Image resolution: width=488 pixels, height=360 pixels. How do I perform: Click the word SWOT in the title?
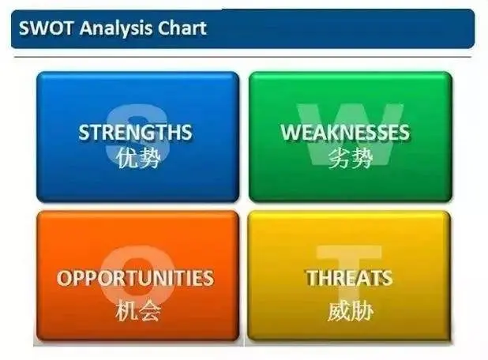(x=46, y=28)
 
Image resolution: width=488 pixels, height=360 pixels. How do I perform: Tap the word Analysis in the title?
(x=116, y=28)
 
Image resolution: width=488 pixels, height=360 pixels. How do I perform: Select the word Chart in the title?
(x=182, y=28)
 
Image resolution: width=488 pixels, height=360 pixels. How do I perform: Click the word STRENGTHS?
(x=135, y=132)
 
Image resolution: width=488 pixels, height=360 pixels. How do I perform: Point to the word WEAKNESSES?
(x=345, y=132)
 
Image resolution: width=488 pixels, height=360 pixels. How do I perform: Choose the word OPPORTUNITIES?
(x=135, y=278)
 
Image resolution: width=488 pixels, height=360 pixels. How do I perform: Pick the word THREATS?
(x=350, y=278)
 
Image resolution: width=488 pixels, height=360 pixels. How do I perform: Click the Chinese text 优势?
(x=138, y=158)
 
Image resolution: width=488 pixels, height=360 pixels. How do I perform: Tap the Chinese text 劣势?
(x=351, y=158)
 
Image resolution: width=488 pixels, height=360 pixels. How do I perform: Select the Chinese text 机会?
(x=138, y=310)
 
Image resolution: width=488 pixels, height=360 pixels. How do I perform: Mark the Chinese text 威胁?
(x=351, y=310)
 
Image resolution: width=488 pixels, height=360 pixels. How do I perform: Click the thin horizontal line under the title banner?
(x=242, y=58)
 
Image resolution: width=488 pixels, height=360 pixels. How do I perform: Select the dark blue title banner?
(x=242, y=28)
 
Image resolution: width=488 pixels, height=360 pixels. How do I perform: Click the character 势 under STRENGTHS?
(x=150, y=158)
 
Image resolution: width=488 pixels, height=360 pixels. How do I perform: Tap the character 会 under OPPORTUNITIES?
(x=150, y=310)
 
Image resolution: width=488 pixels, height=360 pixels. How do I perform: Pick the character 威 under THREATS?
(x=339, y=310)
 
